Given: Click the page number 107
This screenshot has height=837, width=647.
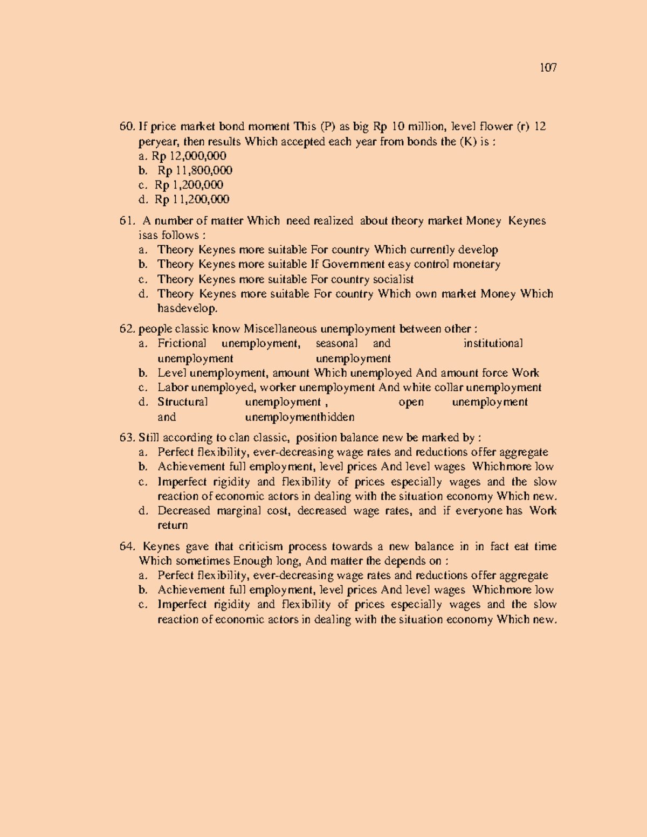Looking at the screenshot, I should (548, 68).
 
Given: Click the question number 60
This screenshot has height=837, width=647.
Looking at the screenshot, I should (127, 127).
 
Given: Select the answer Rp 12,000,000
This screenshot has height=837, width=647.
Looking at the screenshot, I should (189, 156).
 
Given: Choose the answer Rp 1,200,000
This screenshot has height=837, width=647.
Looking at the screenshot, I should (189, 185).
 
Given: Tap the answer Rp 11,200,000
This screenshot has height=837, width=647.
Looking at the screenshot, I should (192, 200).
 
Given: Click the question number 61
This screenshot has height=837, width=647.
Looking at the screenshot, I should (127, 221).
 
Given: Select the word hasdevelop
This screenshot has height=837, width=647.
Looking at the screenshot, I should (187, 309).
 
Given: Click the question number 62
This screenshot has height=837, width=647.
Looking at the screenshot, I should (127, 329).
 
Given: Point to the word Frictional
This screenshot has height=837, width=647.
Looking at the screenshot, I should (182, 344).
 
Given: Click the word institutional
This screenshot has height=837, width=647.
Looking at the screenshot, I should (493, 344).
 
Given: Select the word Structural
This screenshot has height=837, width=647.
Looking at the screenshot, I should (182, 402).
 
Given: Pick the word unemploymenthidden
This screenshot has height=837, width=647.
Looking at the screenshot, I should (300, 417).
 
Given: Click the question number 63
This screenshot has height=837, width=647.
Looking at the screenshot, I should (127, 438).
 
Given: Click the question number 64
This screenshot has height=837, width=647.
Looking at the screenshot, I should (127, 547).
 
